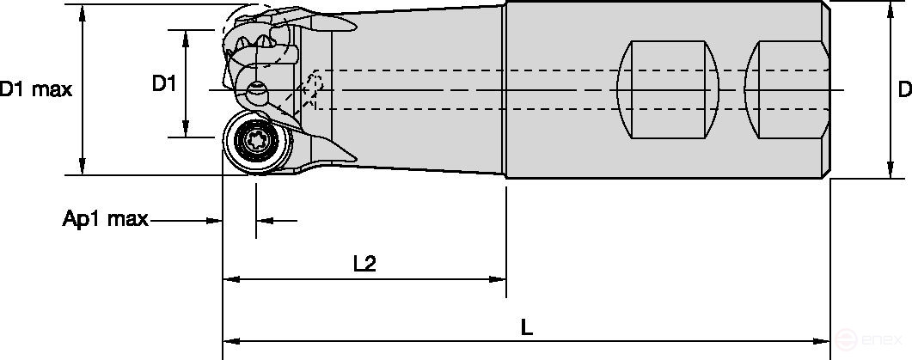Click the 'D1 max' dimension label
click(x=34, y=88)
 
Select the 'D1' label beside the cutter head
click(x=164, y=83)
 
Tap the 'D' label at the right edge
click(x=903, y=89)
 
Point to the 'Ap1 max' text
click(x=106, y=220)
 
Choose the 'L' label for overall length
click(x=527, y=327)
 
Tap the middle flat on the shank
click(x=668, y=89)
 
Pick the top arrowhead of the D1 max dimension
click(x=83, y=11)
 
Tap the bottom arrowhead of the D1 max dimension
click(x=83, y=168)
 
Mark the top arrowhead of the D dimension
click(x=889, y=10)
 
